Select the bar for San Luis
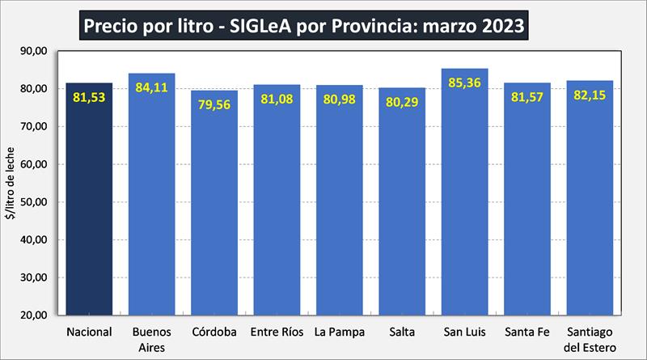click(x=465, y=202)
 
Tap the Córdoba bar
click(x=214, y=210)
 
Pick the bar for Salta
click(x=402, y=210)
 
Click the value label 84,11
click(x=152, y=87)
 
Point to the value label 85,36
click(x=465, y=83)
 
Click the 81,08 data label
click(x=277, y=99)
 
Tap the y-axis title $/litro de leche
click(x=11, y=183)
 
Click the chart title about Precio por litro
click(x=303, y=27)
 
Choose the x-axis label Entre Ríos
click(x=277, y=332)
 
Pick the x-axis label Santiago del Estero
click(x=590, y=339)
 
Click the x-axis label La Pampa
click(x=340, y=332)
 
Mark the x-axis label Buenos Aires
click(x=151, y=339)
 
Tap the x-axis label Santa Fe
click(x=527, y=332)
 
